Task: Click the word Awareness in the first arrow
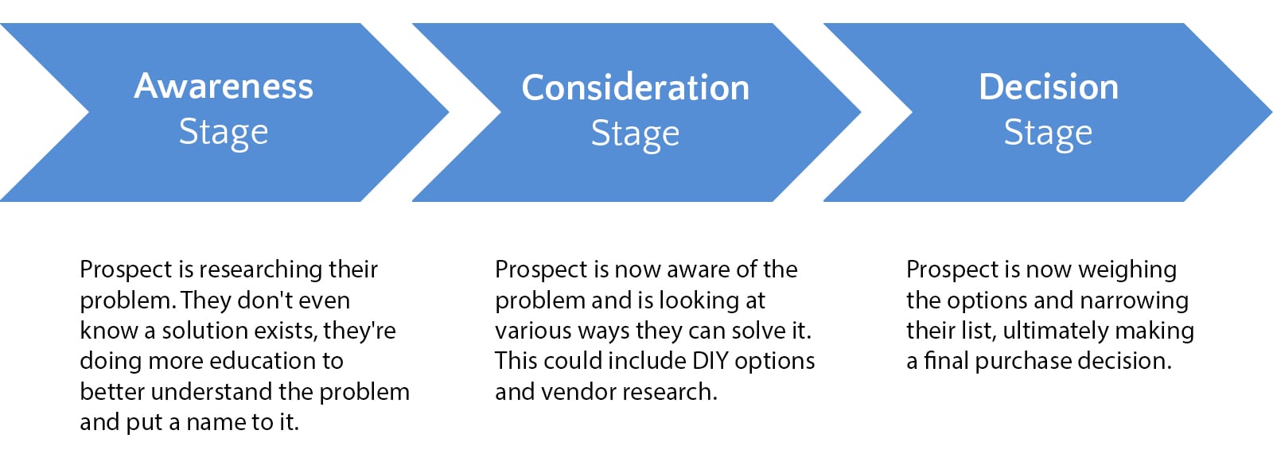point(224,87)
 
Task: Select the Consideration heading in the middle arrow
point(636,88)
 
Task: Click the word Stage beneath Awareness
point(224,134)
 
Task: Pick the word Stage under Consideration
point(635,134)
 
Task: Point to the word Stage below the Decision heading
point(1048,134)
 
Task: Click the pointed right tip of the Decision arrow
point(1271,112)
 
